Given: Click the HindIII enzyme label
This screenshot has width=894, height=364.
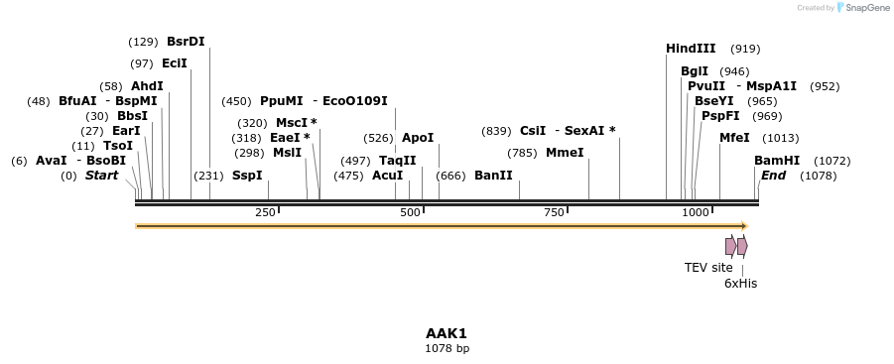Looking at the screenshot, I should click(x=691, y=49).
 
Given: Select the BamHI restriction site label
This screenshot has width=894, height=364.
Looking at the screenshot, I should click(x=777, y=161).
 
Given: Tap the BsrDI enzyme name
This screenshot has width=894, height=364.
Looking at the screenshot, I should click(x=186, y=42).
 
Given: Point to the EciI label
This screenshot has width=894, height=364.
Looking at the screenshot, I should click(x=174, y=63).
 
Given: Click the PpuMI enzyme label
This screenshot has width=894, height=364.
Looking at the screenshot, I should click(x=282, y=101).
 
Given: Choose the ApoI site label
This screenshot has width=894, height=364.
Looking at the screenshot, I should click(x=418, y=138).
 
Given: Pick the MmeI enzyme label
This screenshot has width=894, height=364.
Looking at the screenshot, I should click(x=565, y=153).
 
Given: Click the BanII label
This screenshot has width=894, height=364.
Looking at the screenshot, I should click(x=493, y=176).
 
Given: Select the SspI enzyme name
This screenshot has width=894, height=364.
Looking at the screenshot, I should click(x=247, y=176).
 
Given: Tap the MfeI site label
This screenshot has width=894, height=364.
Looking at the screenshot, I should click(x=734, y=138).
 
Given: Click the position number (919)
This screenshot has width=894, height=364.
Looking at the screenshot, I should click(x=745, y=49).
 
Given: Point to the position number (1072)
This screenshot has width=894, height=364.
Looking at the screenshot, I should click(x=831, y=161).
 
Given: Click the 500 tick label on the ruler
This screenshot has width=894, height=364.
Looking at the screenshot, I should click(x=410, y=213).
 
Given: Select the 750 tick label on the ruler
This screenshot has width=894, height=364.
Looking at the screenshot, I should click(x=554, y=213).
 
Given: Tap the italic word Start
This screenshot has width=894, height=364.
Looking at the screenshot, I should click(x=101, y=176).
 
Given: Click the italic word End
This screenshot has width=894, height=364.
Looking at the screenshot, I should click(x=773, y=176).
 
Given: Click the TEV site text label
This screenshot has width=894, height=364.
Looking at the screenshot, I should click(x=708, y=267).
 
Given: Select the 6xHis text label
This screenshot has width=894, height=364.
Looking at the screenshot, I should click(x=740, y=283).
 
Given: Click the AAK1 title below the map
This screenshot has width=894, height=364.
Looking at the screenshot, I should click(x=447, y=333).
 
